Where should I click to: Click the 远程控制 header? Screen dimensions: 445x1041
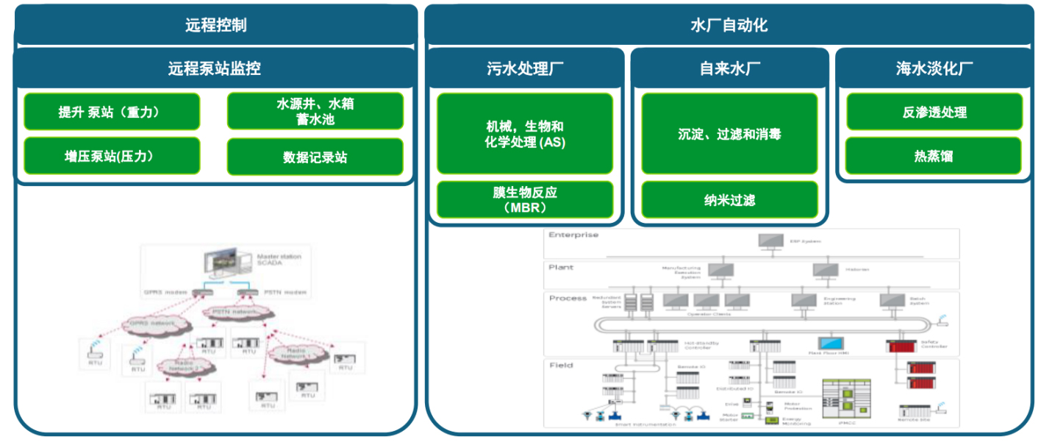[215, 26]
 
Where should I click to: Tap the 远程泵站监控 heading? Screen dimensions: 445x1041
[214, 69]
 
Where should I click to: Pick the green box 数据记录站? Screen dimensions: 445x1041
[315, 157]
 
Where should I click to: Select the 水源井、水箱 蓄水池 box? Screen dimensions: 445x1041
[315, 111]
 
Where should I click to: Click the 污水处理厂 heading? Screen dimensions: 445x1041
[525, 69]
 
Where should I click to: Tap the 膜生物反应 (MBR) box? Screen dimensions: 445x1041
[525, 199]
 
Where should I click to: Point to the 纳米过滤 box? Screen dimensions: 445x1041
[729, 199]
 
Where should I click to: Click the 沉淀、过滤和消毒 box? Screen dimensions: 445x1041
[729, 134]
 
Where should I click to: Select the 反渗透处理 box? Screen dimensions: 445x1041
[934, 113]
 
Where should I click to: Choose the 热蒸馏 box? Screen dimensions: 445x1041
[934, 155]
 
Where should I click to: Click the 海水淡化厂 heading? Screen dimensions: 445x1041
[934, 69]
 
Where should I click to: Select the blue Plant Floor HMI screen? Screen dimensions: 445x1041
[832, 344]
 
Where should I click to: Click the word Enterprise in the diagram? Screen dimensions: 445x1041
[573, 235]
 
